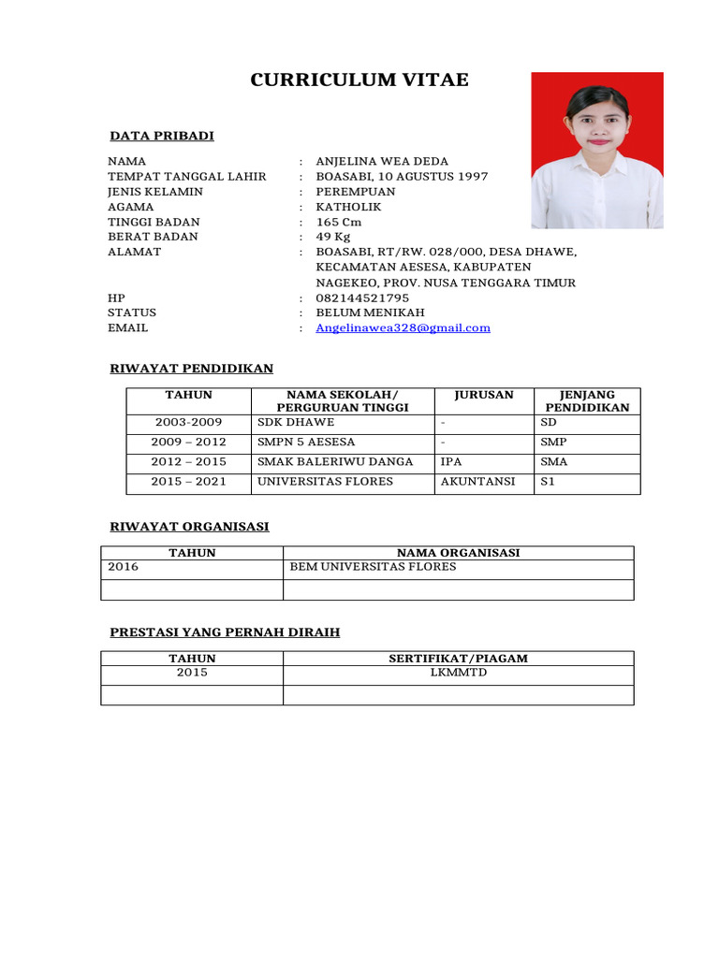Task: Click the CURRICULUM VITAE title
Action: point(359,80)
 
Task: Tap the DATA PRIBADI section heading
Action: point(162,136)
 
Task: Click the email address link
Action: point(403,327)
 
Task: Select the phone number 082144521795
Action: point(362,298)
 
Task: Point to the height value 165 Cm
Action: point(338,222)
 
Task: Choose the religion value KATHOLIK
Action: point(348,207)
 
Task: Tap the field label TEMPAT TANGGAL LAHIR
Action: point(187,177)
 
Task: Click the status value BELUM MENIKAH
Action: point(370,312)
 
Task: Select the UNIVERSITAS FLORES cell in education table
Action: point(325,482)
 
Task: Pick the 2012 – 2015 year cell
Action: point(188,462)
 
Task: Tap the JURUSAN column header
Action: point(484,395)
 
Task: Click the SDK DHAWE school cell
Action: point(289,423)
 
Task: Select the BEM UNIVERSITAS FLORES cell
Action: point(373,567)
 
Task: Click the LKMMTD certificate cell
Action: point(458,672)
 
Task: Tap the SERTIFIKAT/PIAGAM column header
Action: point(458,659)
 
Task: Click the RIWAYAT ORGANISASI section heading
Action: point(190,527)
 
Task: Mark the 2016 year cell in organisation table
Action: point(123,567)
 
